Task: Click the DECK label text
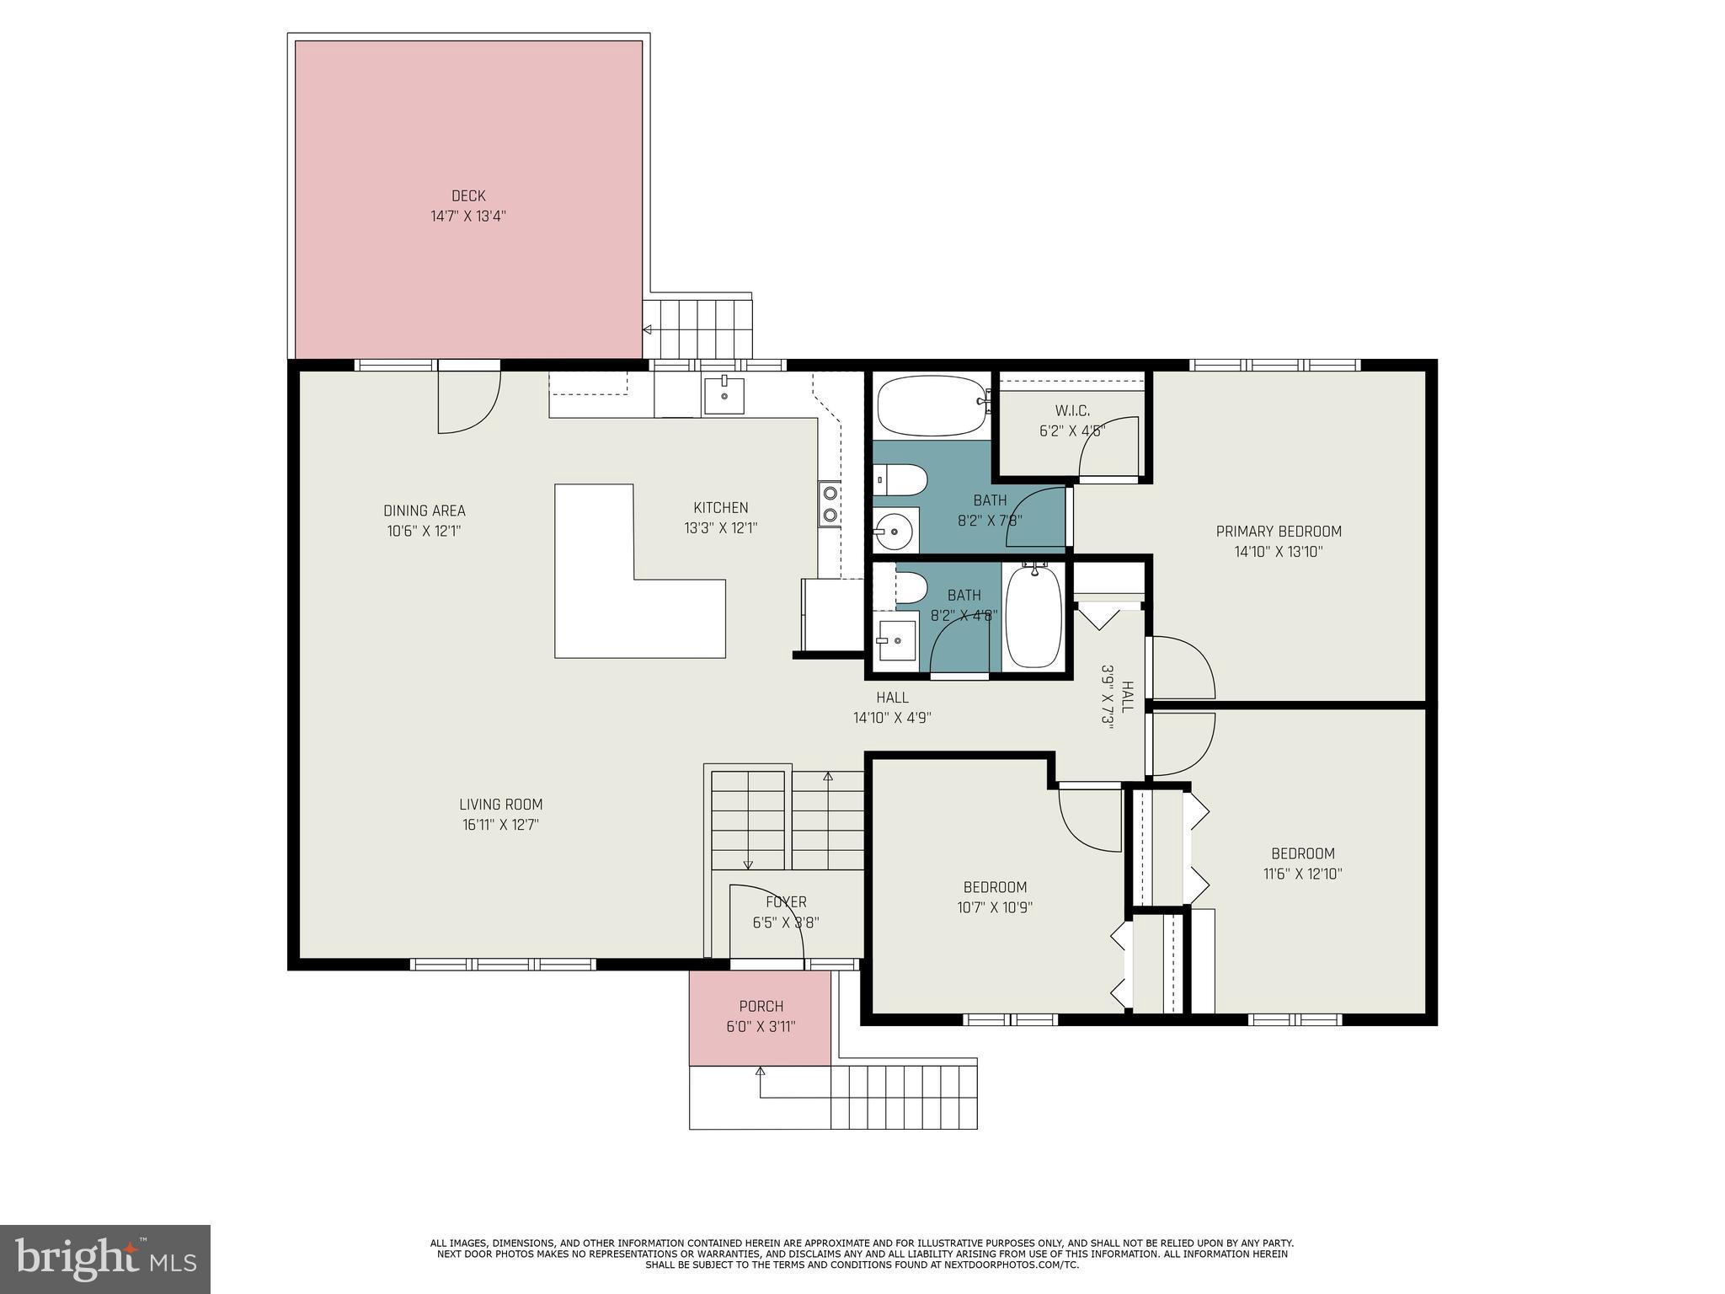468,196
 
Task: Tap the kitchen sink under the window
724,395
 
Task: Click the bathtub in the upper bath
931,405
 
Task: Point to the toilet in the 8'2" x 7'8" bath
901,480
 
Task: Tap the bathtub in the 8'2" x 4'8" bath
1033,617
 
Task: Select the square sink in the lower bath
897,641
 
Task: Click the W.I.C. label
1071,411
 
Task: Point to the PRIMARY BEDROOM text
1278,532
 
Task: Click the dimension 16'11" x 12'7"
500,825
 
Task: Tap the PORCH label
761,1007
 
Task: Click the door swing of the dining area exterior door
469,403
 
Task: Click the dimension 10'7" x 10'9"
995,908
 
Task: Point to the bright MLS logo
104,1259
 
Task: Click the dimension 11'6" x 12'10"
1302,874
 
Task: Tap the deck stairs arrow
647,330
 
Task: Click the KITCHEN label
720,508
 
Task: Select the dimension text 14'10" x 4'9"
892,718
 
